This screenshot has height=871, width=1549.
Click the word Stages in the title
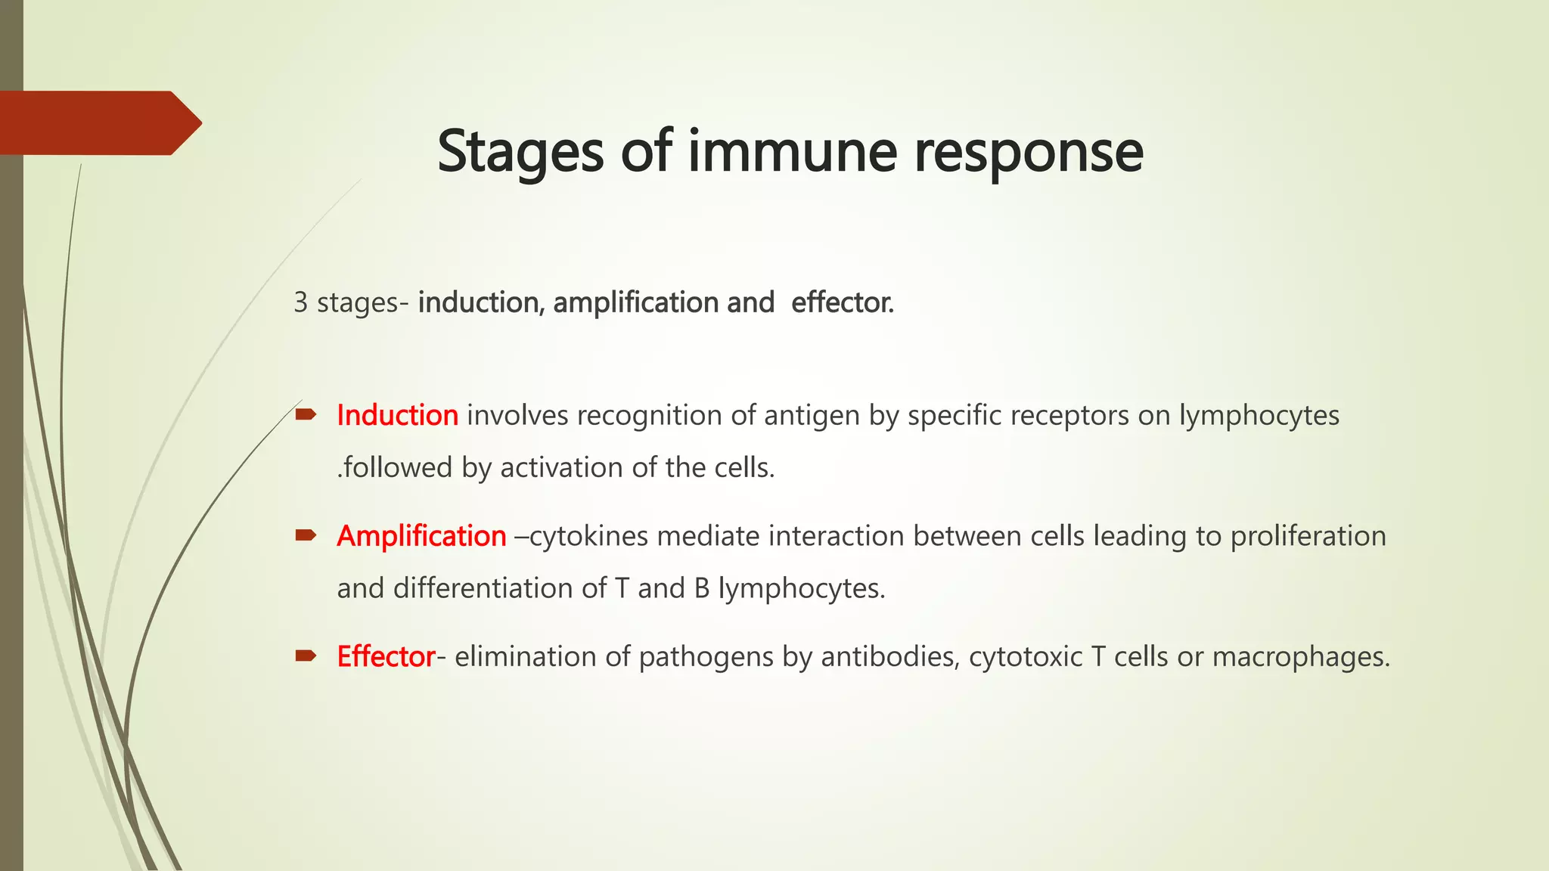pyautogui.click(x=520, y=153)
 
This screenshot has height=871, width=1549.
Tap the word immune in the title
pyautogui.click(x=792, y=151)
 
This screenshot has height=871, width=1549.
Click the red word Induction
pyautogui.click(x=397, y=415)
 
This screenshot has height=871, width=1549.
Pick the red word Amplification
pyautogui.click(x=421, y=536)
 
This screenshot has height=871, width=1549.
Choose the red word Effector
pyautogui.click(x=386, y=656)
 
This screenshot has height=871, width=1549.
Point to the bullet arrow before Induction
pyautogui.click(x=306, y=414)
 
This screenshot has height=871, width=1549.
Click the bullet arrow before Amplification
pyautogui.click(x=306, y=535)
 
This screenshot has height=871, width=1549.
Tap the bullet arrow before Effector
pyautogui.click(x=306, y=656)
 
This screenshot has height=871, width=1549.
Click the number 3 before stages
pyautogui.click(x=300, y=302)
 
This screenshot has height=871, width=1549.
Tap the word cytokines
pyautogui.click(x=588, y=536)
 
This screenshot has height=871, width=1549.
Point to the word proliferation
pyautogui.click(x=1308, y=536)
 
